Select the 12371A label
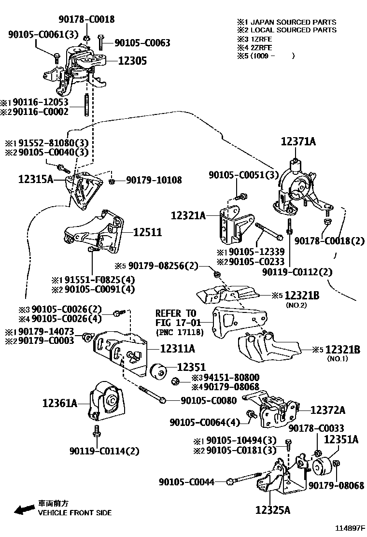coord(298,141)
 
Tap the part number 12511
coord(147,232)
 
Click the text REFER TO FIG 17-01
coord(176,318)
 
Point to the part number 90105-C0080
coord(209,400)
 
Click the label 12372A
coord(328,410)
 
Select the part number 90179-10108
coord(154,180)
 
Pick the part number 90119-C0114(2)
coord(104,451)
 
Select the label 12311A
coord(177,348)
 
